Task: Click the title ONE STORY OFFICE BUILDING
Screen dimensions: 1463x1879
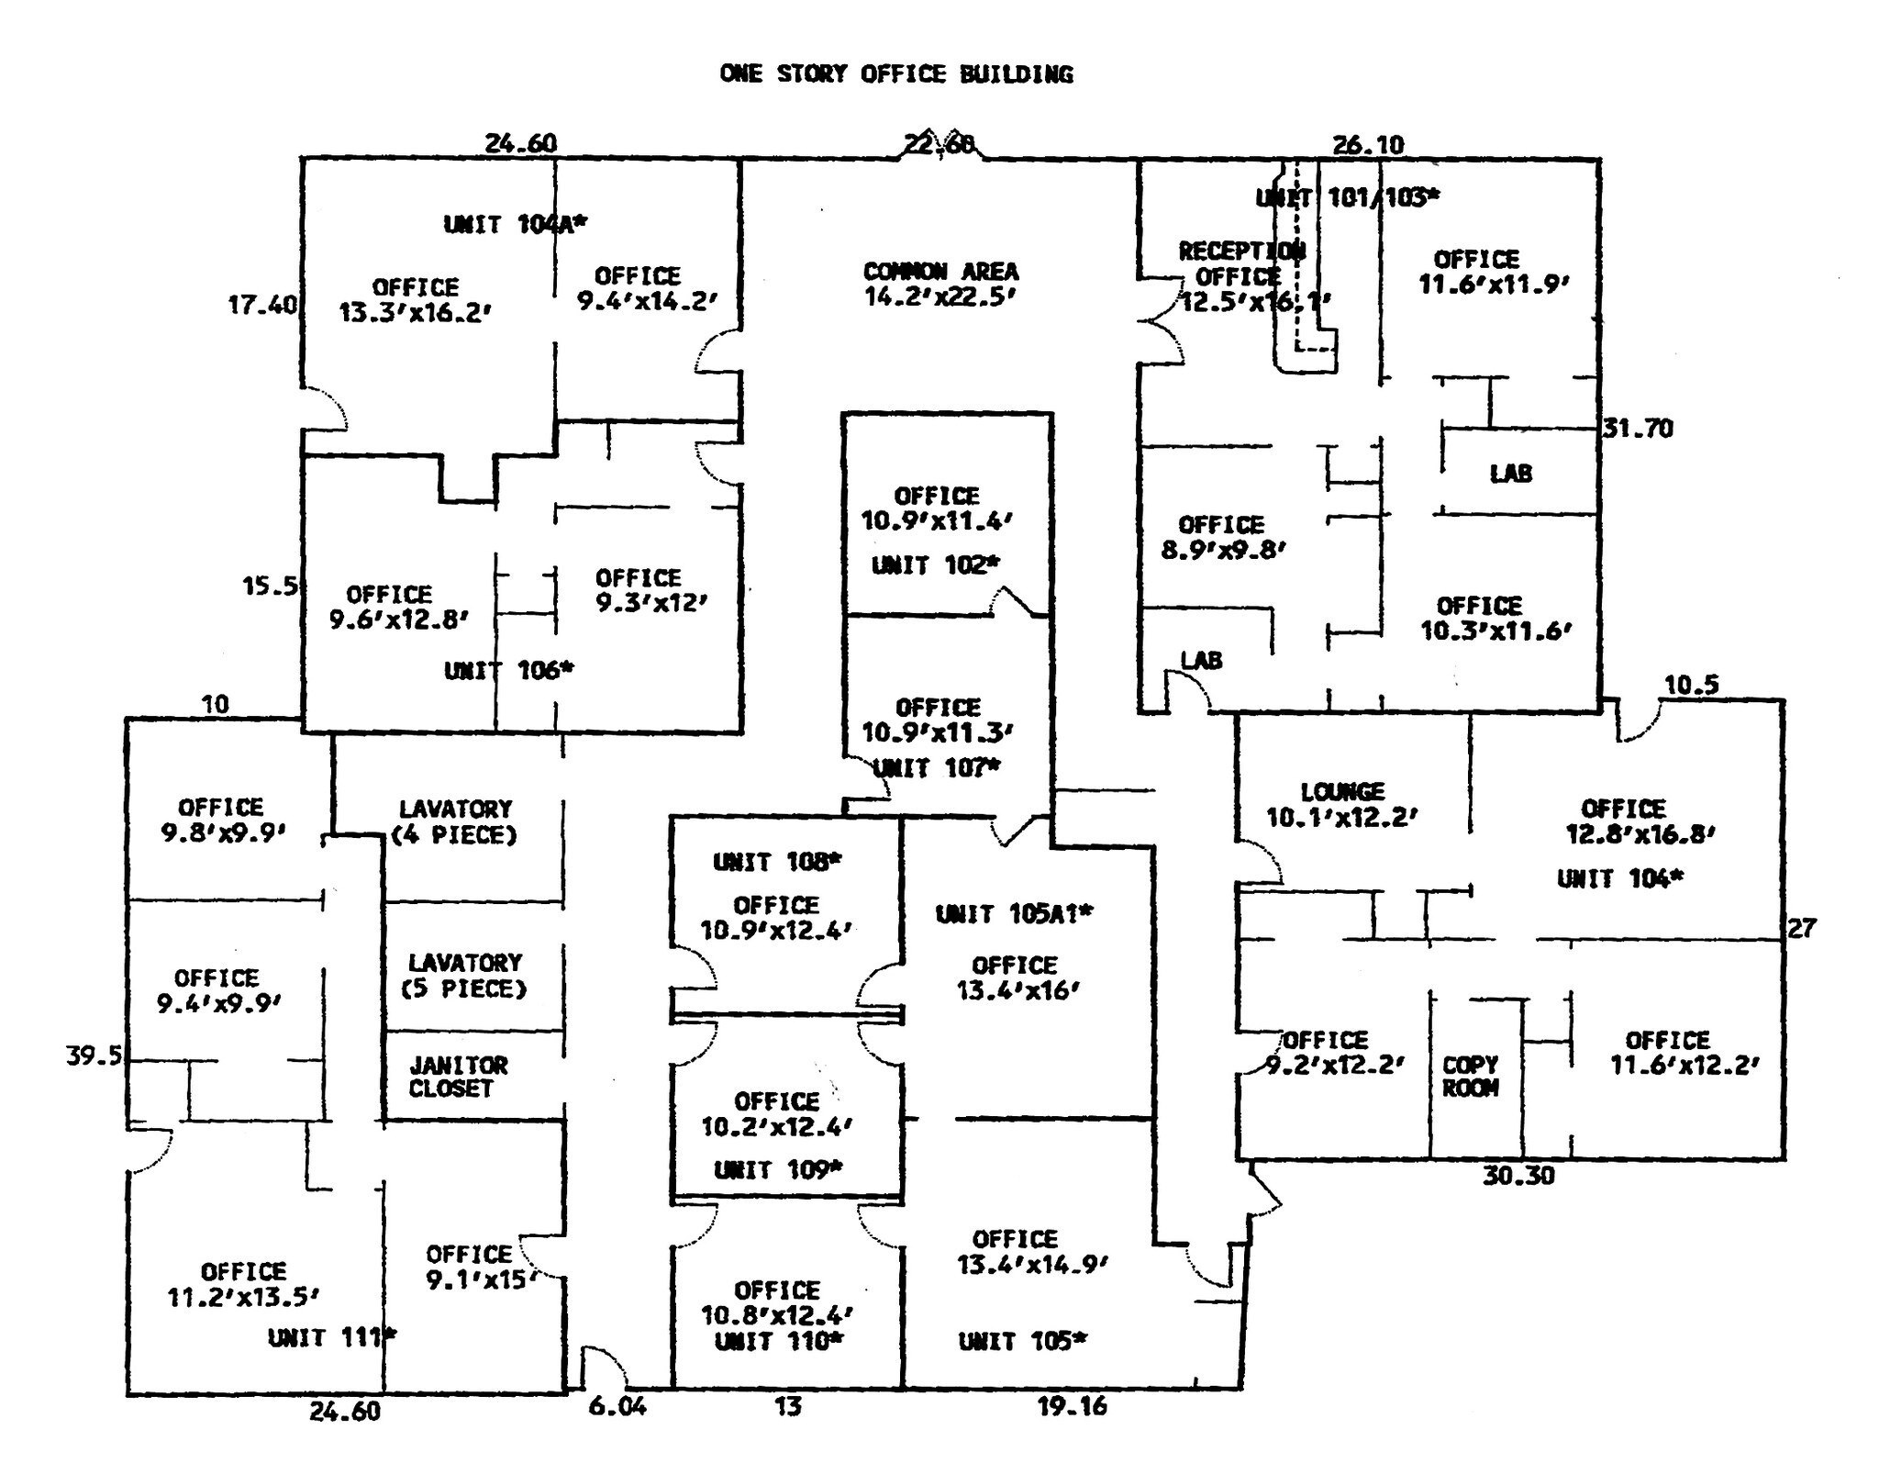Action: [x=895, y=74]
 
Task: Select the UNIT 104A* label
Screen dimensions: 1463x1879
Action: [x=515, y=224]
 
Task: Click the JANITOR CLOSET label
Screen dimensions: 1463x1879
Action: [x=458, y=1077]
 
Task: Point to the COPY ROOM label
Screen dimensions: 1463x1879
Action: [x=1470, y=1077]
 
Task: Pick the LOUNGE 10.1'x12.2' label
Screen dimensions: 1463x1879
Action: [x=1342, y=804]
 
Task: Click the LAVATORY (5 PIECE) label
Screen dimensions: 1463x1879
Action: [x=466, y=976]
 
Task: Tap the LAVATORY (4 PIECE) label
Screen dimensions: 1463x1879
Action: [x=455, y=821]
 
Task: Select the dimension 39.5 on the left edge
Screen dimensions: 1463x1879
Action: [x=94, y=1055]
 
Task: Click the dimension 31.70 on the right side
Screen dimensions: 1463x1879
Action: [x=1638, y=429]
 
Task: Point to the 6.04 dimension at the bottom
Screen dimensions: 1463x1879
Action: [x=617, y=1405]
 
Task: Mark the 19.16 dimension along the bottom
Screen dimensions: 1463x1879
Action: [x=1072, y=1405]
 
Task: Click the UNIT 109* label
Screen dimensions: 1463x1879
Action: [x=777, y=1169]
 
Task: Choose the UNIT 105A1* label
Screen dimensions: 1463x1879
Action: [x=1014, y=914]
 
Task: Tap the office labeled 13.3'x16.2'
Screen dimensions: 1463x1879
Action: [x=415, y=300]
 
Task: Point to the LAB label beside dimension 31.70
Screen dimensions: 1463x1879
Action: [x=1510, y=474]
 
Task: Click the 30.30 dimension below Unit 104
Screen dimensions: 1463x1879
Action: [x=1518, y=1176]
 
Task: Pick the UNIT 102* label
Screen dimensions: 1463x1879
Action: [x=935, y=565]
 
